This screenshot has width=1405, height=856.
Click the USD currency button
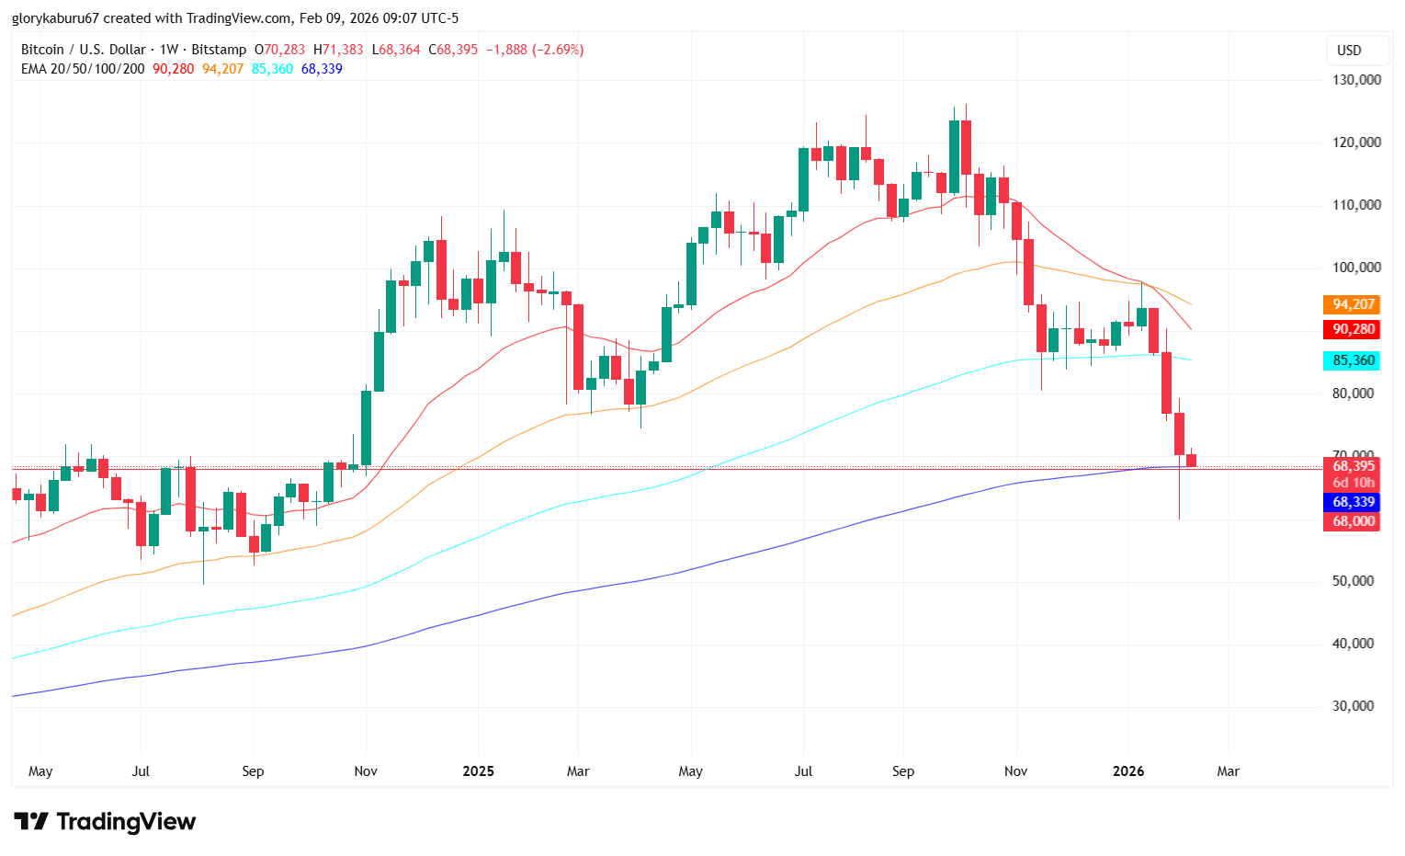1348,51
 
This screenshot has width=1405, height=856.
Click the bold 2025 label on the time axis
478,771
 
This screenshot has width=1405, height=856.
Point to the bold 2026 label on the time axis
1128,771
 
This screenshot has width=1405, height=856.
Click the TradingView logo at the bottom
105,821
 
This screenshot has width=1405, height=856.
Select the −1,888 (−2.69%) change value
534,50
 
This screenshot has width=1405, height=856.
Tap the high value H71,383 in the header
338,50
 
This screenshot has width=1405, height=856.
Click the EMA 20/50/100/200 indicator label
83,68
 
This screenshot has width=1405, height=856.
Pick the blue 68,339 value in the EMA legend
321,68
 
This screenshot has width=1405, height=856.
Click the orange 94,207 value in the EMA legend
223,68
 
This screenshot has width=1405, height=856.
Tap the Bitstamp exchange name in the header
220,50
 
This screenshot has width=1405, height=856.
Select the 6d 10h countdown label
1353,483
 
